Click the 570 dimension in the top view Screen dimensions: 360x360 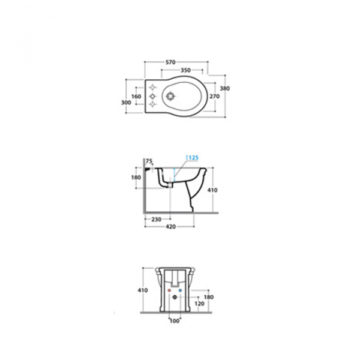click(170, 62)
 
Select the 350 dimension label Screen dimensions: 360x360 click(185, 70)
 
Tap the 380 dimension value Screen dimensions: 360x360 click(225, 88)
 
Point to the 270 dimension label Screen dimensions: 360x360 click(215, 97)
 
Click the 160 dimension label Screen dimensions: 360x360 click(136, 97)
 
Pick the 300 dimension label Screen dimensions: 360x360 click(126, 103)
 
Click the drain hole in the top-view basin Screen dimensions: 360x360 click(170, 96)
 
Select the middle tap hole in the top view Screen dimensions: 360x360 click(152, 96)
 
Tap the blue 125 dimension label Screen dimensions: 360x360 click(193, 158)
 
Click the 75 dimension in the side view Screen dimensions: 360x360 click(149, 161)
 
